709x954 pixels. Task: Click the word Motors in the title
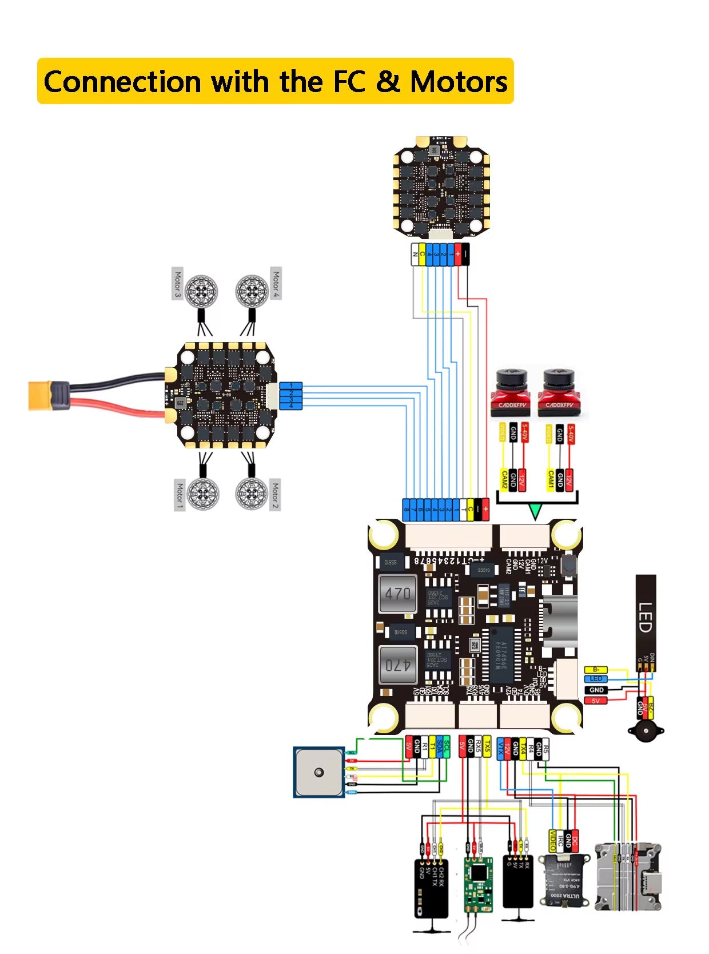(x=459, y=82)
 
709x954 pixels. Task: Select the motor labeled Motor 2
(x=251, y=492)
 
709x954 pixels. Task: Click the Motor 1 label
(x=179, y=495)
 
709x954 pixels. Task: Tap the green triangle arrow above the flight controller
(x=535, y=511)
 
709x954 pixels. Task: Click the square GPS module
(x=318, y=772)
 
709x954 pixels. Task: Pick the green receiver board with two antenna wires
(x=477, y=884)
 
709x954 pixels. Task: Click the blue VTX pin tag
(x=500, y=748)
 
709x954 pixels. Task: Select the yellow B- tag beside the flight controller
(x=596, y=670)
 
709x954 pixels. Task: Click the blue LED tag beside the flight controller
(x=596, y=679)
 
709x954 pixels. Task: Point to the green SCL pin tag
(x=447, y=747)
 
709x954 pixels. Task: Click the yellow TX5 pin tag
(x=487, y=747)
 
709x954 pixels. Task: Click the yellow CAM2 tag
(x=504, y=480)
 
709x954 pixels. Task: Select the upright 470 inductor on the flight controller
(x=397, y=593)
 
